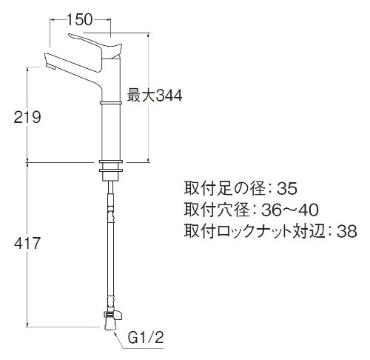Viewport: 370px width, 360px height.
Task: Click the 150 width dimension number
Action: (x=80, y=20)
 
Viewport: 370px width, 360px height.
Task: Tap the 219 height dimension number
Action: (x=27, y=117)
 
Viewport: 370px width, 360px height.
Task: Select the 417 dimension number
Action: (x=27, y=243)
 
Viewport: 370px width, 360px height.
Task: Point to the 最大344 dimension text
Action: (x=155, y=96)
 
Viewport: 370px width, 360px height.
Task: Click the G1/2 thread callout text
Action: (x=146, y=338)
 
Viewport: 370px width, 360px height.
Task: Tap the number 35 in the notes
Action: (x=287, y=189)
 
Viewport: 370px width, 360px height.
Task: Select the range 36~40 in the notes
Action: (x=290, y=210)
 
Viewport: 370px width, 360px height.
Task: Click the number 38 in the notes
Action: (x=347, y=231)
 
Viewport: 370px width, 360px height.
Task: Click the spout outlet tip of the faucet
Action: (x=51, y=67)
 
